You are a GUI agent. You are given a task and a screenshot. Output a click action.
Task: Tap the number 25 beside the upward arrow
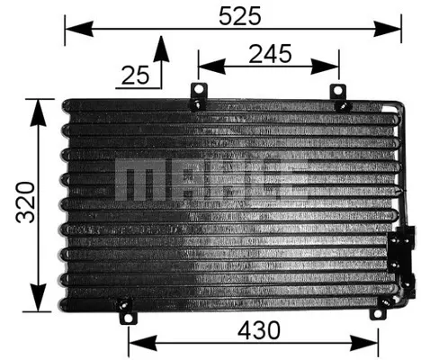[135, 76]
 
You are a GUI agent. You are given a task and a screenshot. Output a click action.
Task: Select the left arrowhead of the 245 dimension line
[204, 65]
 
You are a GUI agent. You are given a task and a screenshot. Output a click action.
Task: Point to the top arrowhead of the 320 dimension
[38, 105]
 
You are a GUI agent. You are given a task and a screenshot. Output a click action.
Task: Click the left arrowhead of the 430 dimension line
[134, 344]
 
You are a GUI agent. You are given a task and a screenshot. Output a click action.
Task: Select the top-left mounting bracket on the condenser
[197, 97]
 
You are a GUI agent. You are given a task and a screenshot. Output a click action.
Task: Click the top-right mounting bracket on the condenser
[340, 97]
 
